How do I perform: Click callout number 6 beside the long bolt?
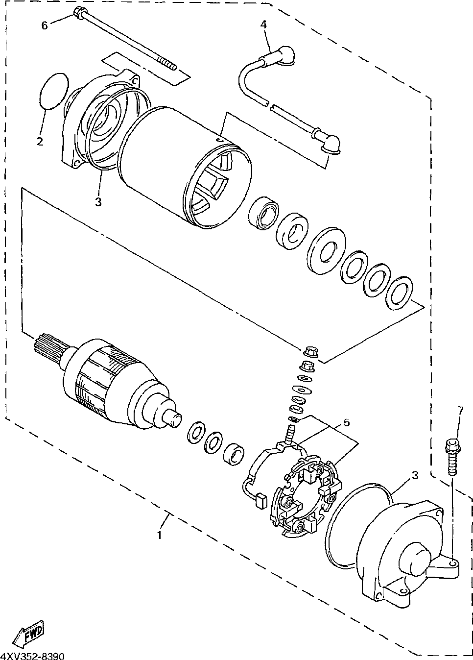pyautogui.click(x=45, y=25)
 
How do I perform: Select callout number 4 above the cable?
pyautogui.click(x=263, y=24)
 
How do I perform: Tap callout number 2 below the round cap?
pyautogui.click(x=40, y=142)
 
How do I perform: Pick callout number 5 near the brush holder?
pyautogui.click(x=346, y=422)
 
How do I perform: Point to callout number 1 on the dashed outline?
pyautogui.click(x=159, y=535)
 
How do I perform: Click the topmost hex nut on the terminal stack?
pyautogui.click(x=309, y=351)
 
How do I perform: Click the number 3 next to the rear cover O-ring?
pyautogui.click(x=415, y=475)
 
